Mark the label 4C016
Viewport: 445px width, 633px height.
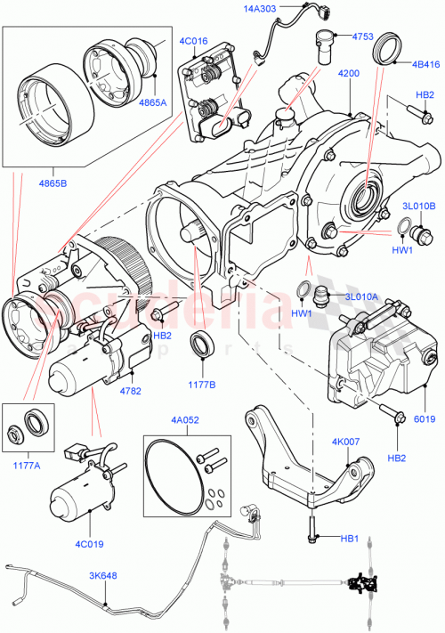pyautogui.click(x=192, y=41)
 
